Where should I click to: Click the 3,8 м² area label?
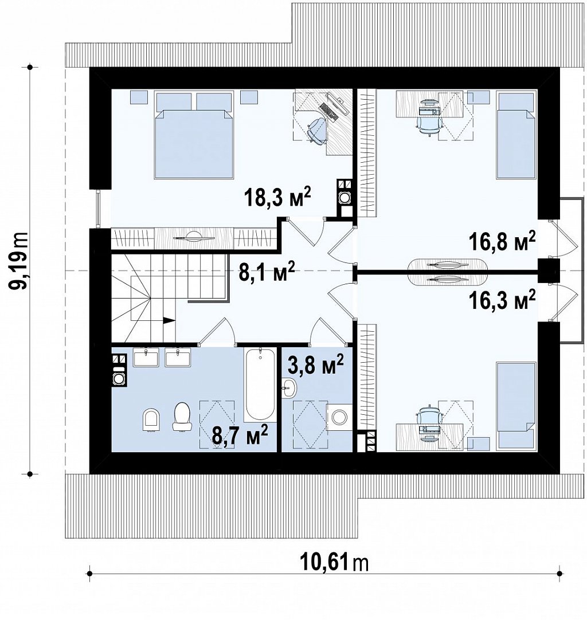click(x=316, y=364)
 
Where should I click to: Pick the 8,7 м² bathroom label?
click(x=240, y=435)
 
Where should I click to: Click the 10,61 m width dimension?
click(x=334, y=563)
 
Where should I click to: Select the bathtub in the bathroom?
click(x=260, y=384)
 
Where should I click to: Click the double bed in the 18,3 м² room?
click(x=193, y=135)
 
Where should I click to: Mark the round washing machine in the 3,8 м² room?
click(x=339, y=417)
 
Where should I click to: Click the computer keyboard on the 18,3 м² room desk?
click(x=328, y=112)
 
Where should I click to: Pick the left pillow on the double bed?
click(x=174, y=101)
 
